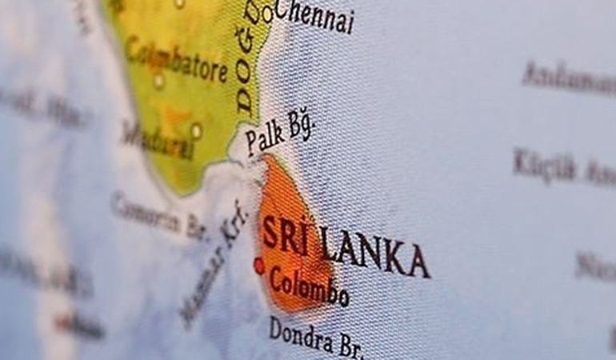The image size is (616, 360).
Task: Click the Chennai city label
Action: pos(314,15)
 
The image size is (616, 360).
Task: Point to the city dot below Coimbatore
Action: pos(158,81)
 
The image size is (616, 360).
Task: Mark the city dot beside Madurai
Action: pos(196,130)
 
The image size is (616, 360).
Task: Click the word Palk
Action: pos(265,137)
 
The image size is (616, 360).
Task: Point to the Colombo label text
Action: pos(309,287)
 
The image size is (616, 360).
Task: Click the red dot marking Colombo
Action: pos(258,266)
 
